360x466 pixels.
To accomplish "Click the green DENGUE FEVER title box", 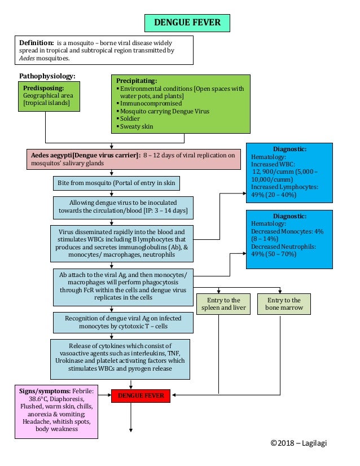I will pyautogui.click(x=187, y=23).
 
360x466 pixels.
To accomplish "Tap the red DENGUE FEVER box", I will pyautogui.click(x=141, y=395).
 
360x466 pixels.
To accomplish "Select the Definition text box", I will pyautogui.click(x=103, y=50).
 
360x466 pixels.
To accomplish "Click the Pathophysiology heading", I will pyautogui.click(x=47, y=76).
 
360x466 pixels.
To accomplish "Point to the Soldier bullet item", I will pyautogui.click(x=130, y=119).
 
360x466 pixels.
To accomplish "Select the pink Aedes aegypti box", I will pyautogui.click(x=133, y=159).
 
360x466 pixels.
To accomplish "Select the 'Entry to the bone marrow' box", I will pyautogui.click(x=284, y=304).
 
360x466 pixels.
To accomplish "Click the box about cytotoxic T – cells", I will pyautogui.click(x=122, y=323).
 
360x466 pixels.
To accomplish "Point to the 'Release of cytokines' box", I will pyautogui.click(x=120, y=358).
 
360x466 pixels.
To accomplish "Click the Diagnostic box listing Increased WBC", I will pyautogui.click(x=289, y=172).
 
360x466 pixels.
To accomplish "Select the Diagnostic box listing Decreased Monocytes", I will pyautogui.click(x=289, y=239).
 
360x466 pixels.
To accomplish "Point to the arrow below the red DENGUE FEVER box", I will pyautogui.click(x=131, y=417).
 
